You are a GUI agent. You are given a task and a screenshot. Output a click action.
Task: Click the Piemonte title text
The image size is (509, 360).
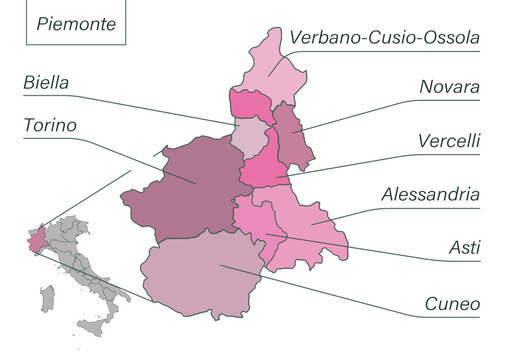(76, 23)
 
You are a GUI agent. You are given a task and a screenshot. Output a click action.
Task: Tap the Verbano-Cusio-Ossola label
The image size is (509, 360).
(384, 37)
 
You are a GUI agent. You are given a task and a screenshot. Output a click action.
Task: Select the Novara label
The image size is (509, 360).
(449, 88)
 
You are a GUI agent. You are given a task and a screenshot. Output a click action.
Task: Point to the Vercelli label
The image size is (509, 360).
(448, 140)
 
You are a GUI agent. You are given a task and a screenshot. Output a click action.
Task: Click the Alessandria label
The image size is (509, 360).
(431, 193)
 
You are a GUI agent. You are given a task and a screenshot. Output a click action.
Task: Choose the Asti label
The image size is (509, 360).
(463, 246)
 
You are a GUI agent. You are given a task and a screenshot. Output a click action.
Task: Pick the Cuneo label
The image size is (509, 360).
(452, 303)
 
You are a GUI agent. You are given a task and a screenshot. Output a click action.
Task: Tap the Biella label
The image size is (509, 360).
(46, 84)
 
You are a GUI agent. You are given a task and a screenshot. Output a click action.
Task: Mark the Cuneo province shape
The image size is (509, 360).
(205, 270)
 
